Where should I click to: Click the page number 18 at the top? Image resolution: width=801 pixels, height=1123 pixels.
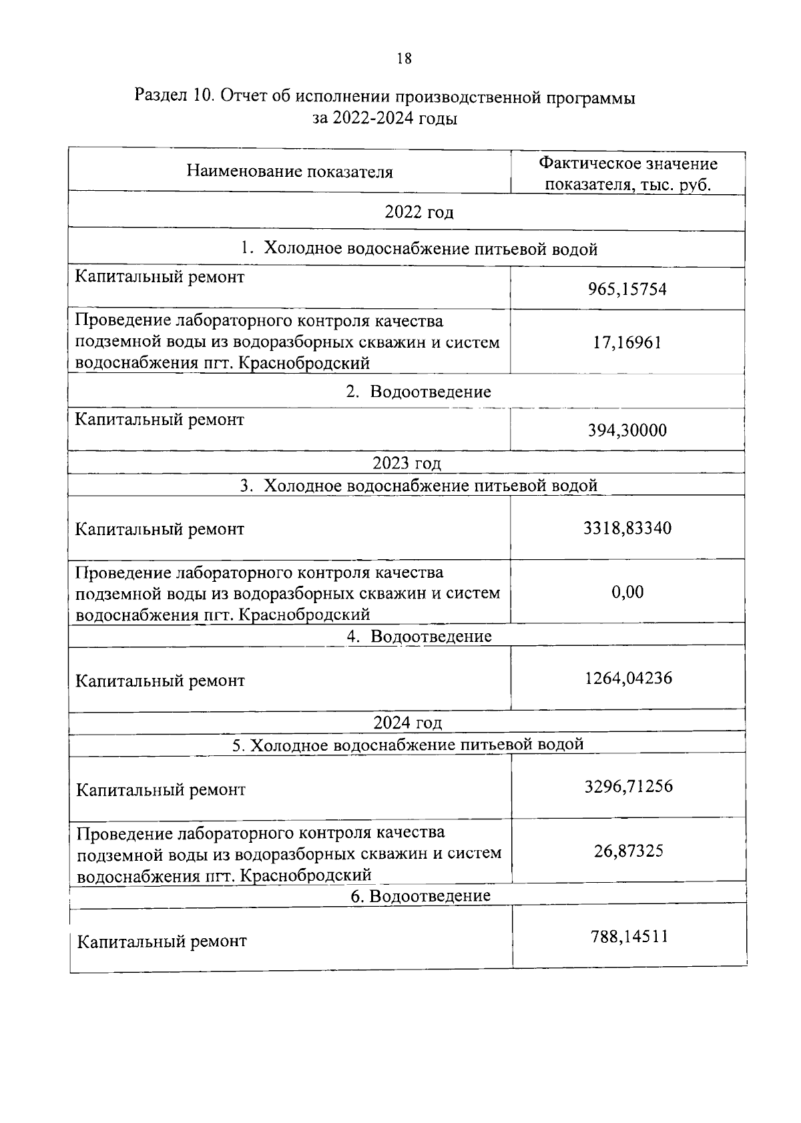pos(404,59)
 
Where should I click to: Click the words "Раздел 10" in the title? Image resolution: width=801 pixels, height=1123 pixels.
pos(173,97)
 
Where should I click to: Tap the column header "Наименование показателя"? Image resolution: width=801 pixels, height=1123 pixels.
pos(289,171)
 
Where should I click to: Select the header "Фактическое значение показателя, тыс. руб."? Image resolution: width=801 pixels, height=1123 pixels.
pos(627,173)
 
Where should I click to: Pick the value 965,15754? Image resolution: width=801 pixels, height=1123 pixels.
pos(627,289)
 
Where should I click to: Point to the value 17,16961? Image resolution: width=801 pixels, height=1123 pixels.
pos(627,342)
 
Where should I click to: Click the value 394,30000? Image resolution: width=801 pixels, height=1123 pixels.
pos(627,430)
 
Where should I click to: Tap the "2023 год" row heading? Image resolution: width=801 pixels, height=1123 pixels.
pos(407,463)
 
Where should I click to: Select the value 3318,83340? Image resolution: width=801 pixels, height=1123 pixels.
pos(627,528)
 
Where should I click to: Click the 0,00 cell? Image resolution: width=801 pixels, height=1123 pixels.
pos(627,592)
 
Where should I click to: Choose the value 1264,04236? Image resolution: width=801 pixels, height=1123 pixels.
pos(627,679)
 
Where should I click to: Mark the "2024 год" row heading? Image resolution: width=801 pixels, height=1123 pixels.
pos(407,723)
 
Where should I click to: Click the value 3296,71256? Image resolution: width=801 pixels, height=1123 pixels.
pos(628,787)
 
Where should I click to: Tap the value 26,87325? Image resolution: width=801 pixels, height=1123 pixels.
pos(628,851)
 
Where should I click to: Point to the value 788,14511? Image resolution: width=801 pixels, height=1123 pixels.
pos(629,937)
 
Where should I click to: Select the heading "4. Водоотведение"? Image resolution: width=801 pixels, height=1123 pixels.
pos(419,636)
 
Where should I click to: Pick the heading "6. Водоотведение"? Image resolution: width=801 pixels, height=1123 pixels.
pos(420,895)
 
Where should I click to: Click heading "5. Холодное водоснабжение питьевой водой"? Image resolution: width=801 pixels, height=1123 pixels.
pos(407,745)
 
